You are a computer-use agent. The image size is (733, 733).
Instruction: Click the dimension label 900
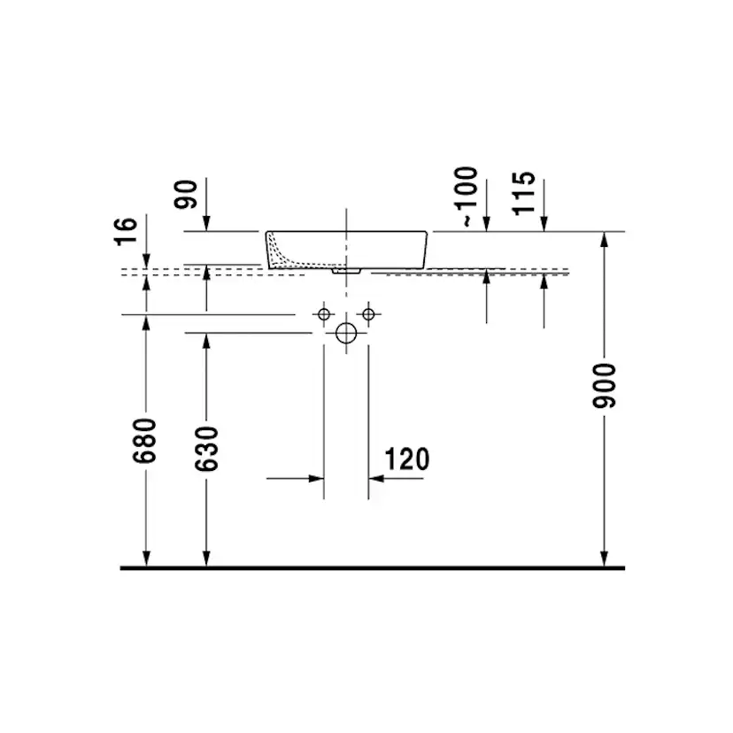(604, 385)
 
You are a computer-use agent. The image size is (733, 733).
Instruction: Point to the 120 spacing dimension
(407, 459)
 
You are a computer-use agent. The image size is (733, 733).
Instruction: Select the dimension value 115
(523, 192)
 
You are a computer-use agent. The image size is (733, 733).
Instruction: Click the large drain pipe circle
(346, 333)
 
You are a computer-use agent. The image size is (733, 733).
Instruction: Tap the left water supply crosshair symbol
(324, 314)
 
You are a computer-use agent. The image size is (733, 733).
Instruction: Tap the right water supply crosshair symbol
(368, 314)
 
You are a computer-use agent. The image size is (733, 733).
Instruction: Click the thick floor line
(372, 567)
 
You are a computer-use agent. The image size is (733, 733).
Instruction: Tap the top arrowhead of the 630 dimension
(206, 341)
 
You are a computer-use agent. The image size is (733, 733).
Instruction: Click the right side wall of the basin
(428, 249)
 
